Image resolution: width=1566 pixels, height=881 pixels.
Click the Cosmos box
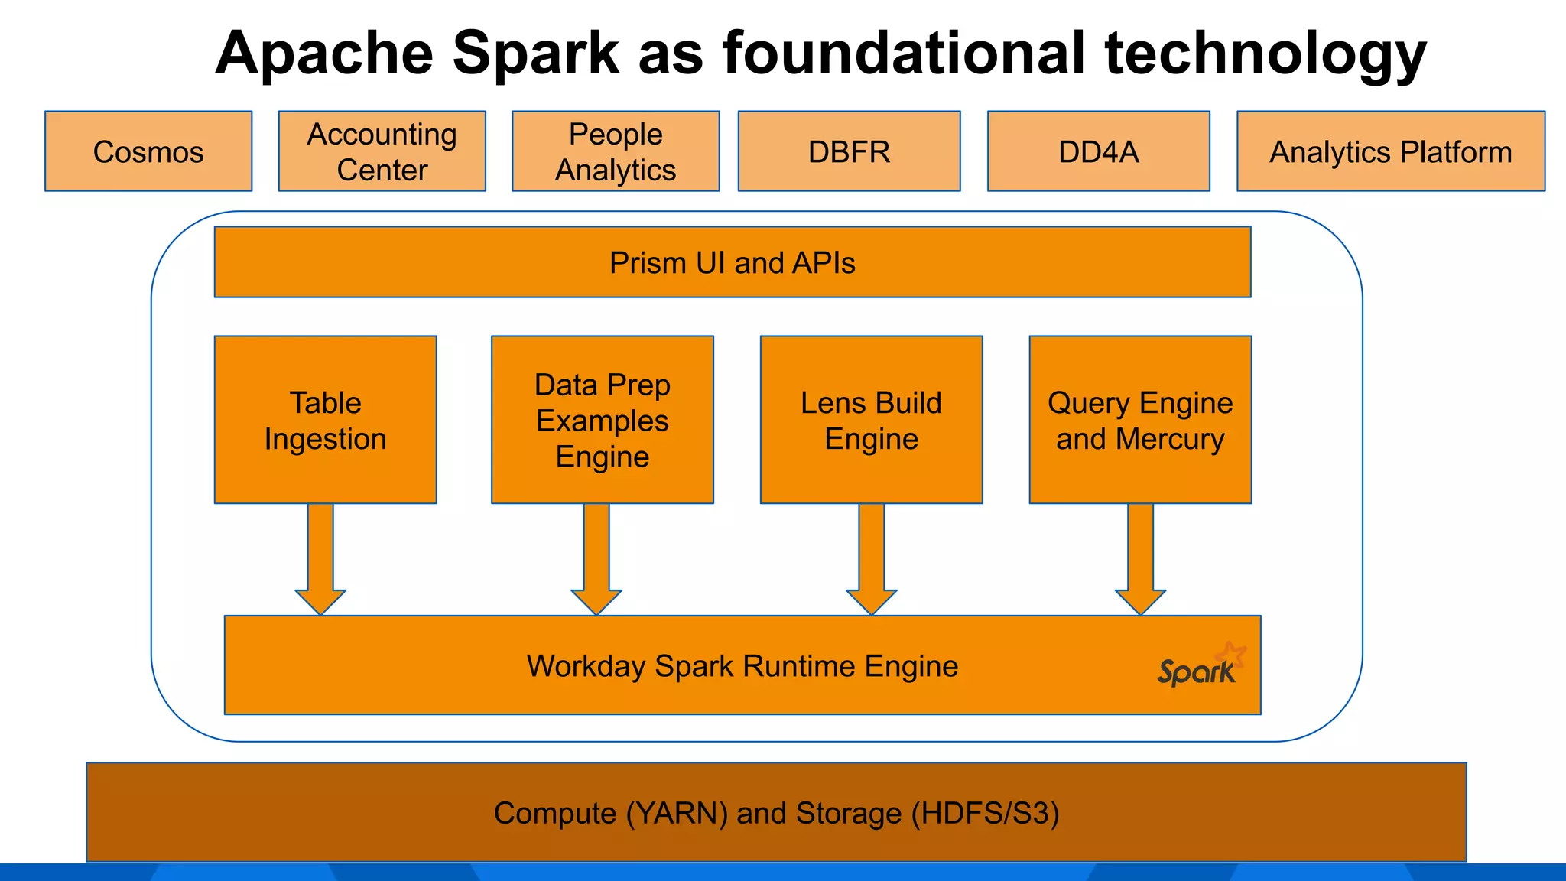148,151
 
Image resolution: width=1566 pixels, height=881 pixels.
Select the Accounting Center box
382,151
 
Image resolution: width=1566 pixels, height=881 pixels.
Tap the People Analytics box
616,151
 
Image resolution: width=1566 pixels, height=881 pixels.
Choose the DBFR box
849,151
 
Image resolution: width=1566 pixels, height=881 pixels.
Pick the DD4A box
1098,151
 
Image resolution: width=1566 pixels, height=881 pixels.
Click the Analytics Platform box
1390,151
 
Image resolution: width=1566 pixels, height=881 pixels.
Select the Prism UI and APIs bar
732,262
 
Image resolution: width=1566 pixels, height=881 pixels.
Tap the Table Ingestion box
325,420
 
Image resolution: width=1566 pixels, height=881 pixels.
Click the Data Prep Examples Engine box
602,420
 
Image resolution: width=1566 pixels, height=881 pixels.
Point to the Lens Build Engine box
871,420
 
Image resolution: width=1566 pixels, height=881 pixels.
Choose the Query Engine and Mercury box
1140,420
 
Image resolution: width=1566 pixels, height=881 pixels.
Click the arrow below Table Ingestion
320,558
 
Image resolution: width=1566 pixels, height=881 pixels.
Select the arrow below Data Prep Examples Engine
596,558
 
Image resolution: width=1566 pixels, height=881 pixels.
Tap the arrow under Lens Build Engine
872,558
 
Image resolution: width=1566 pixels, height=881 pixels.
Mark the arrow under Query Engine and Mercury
1140,558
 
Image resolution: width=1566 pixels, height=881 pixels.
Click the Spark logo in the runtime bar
1200,665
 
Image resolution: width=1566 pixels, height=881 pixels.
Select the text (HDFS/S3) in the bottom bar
985,813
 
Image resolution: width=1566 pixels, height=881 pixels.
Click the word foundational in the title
904,54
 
